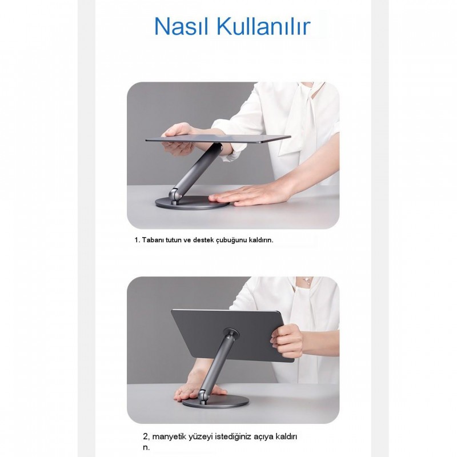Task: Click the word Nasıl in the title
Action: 182,26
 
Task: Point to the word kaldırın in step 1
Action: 260,240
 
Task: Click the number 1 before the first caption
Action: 137,240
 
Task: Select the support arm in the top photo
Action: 197,171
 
